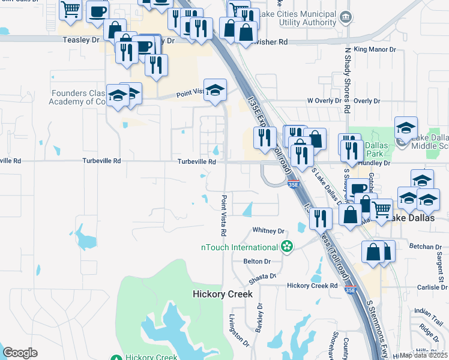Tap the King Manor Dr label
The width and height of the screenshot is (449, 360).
point(375,49)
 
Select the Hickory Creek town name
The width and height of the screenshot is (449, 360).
point(222,294)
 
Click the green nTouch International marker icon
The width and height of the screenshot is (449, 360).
point(287,247)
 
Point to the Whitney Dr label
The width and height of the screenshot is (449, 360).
point(268,230)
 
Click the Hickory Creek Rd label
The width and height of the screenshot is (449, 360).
point(312,286)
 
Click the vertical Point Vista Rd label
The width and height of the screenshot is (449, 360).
point(223,215)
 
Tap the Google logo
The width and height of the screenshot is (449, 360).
point(20,353)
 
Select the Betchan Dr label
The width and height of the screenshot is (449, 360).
point(425,247)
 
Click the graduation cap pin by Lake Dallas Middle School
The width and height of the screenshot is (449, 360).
point(406,127)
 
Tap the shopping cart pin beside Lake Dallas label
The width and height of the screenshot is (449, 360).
point(382,210)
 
